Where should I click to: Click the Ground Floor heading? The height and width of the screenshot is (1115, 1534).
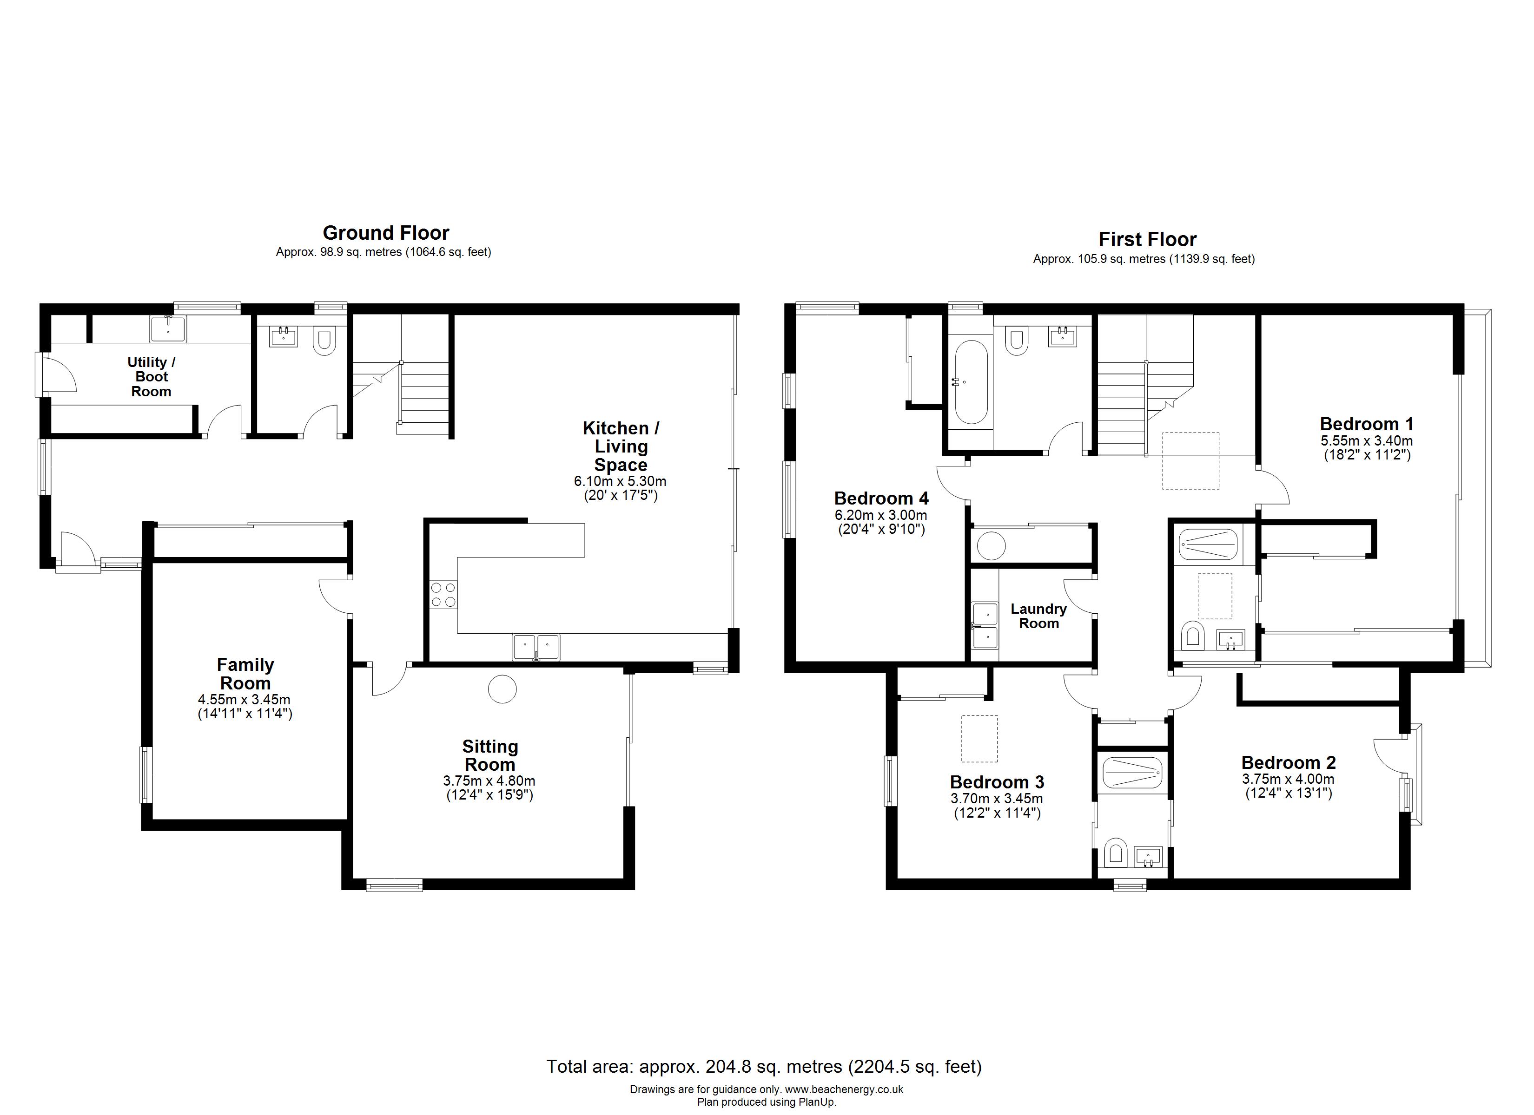coord(385,233)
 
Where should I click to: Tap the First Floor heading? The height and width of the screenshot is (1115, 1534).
coord(1147,239)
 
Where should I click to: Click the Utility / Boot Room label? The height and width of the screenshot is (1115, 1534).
coord(152,377)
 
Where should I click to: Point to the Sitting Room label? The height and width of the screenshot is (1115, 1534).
coord(489,755)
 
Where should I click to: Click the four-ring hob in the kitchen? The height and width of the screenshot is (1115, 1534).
coord(443,594)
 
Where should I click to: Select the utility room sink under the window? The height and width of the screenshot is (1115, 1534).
coord(168,329)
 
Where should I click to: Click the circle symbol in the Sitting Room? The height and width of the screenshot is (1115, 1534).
coord(503,689)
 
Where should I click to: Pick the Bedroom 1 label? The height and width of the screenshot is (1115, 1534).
coord(1366,424)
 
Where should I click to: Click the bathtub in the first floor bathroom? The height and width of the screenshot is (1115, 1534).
coord(971,382)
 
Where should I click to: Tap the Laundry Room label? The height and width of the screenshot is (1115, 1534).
coord(1038,616)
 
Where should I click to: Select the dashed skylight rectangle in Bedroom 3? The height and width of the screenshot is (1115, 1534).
coord(979,738)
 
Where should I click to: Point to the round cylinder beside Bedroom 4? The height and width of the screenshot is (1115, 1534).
coord(992,546)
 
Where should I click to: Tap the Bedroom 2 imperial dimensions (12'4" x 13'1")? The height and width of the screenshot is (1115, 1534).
coord(1289,793)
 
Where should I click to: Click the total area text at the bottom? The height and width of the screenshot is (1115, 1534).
coord(764,1066)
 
